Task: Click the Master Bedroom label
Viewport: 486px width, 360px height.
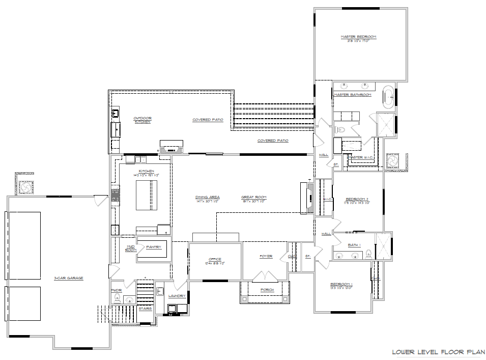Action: tap(358, 37)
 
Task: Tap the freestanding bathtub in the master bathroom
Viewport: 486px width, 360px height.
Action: tap(388, 97)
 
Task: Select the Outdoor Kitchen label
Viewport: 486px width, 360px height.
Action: tap(142, 120)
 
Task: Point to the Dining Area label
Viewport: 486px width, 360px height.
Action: tap(208, 197)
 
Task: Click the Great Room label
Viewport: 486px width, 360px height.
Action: tap(253, 197)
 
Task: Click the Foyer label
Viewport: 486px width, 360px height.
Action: tap(266, 256)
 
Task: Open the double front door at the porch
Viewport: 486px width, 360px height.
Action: tap(266, 277)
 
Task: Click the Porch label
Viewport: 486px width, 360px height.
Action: tap(267, 290)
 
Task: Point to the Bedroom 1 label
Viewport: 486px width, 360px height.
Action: tap(341, 284)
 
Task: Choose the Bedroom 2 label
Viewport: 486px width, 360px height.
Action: tap(357, 199)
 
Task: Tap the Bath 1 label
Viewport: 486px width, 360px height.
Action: tap(354, 245)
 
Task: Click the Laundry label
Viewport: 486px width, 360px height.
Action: tap(177, 295)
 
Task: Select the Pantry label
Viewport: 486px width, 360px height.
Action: tap(154, 247)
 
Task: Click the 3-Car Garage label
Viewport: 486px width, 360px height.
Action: tap(69, 278)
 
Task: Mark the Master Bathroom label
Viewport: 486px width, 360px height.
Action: tap(352, 95)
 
